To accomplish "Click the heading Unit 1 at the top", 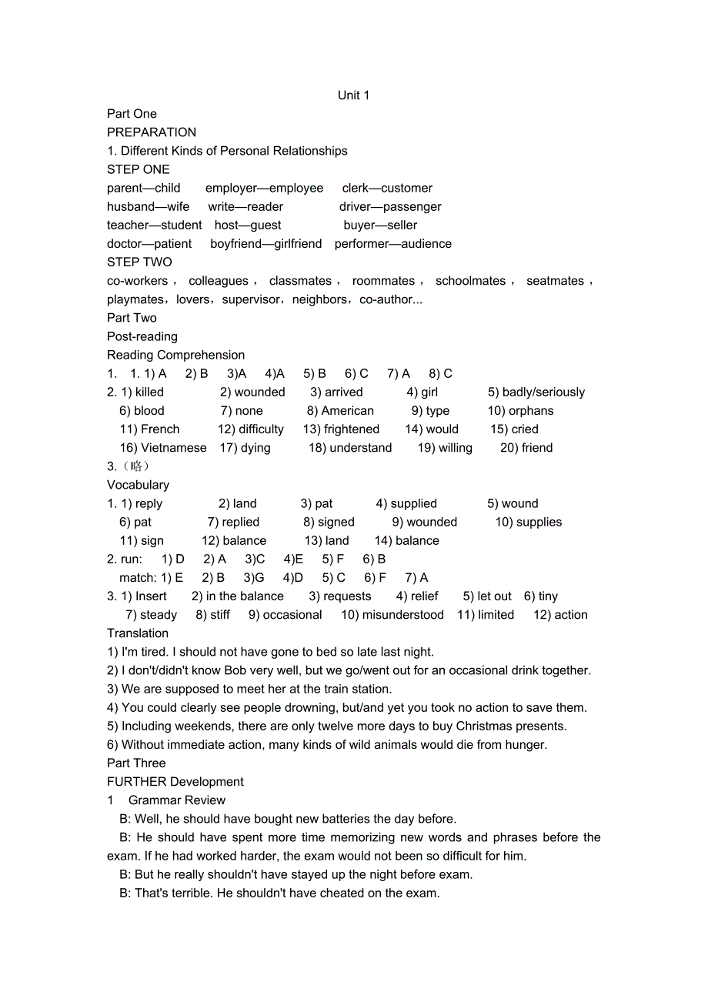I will (x=353, y=95).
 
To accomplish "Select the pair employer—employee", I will (x=264, y=189).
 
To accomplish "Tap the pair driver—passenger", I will (x=390, y=207).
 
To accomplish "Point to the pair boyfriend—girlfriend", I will (x=266, y=244).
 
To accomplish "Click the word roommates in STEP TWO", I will (x=383, y=281).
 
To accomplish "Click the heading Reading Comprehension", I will (x=175, y=356).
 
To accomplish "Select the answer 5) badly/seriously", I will (x=536, y=392).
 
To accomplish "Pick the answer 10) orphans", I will (x=520, y=411).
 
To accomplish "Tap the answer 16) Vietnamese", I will (x=163, y=448).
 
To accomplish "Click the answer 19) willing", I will (x=445, y=448).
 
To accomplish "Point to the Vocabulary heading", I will (x=138, y=485).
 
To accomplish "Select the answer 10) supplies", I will (x=528, y=523).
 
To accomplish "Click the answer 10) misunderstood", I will (x=392, y=615).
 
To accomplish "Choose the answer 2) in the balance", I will (x=237, y=596).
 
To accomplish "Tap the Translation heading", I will (x=138, y=633).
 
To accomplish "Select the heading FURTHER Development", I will (x=175, y=782).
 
